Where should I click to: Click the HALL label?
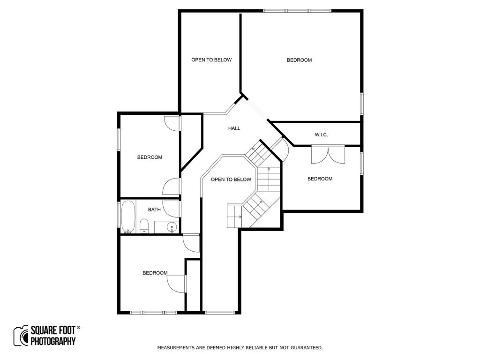234,128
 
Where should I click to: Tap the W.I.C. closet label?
321,135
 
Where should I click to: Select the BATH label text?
154,210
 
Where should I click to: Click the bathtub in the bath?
128,217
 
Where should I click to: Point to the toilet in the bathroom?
144,228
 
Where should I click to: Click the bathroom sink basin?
172,228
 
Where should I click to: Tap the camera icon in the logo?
21,336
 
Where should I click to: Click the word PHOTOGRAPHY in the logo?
53,341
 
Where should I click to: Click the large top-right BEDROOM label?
299,60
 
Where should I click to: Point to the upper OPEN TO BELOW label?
211,60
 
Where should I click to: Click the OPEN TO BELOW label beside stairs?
231,180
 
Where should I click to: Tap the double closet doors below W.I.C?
328,155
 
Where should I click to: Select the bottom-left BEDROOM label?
155,273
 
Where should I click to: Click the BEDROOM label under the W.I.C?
320,179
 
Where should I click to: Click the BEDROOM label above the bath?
150,157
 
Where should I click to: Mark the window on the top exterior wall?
297,11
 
